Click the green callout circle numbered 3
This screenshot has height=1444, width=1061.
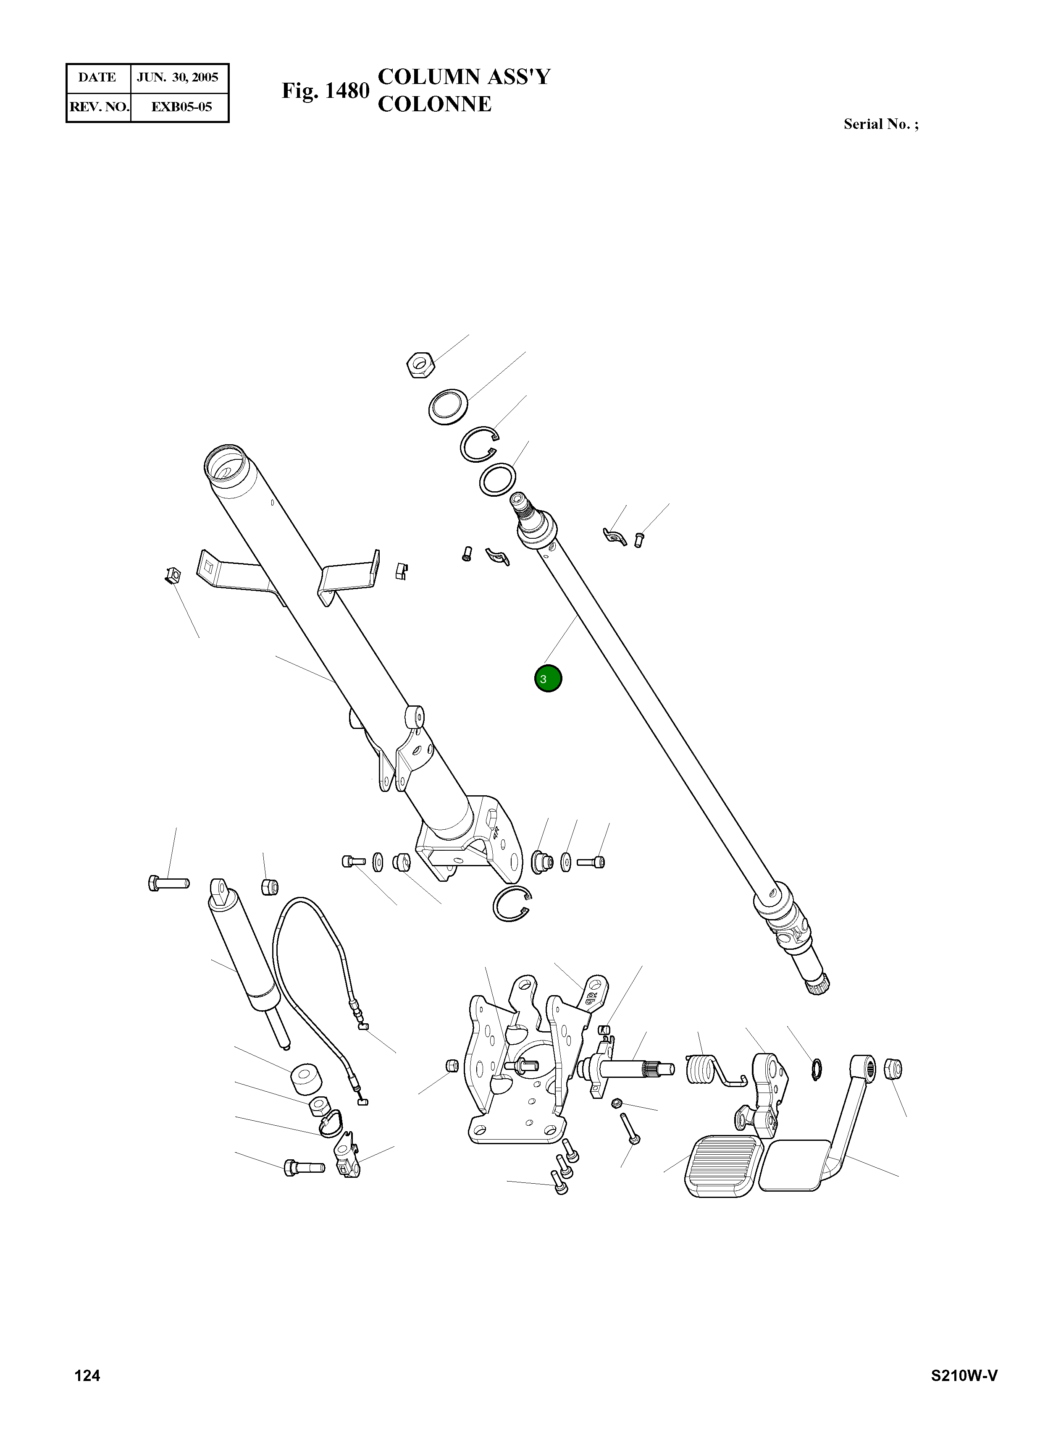coord(548,679)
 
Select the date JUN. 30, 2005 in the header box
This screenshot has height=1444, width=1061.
coord(178,78)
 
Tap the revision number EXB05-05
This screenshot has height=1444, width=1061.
coord(181,107)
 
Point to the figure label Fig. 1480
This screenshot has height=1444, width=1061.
coord(325,91)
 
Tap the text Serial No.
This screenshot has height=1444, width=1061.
coord(877,125)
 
